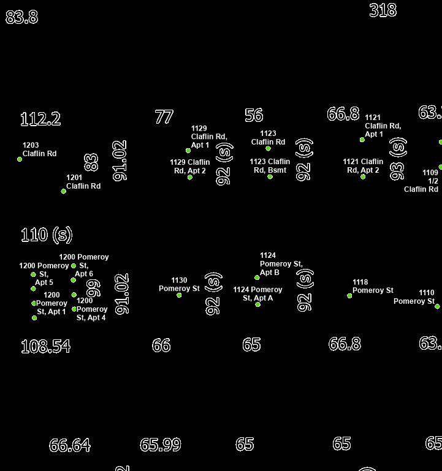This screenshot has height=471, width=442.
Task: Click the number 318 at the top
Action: tap(383, 10)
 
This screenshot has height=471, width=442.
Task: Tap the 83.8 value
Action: tap(21, 17)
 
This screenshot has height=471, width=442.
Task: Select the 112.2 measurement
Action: tap(40, 119)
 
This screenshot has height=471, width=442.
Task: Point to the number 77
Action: tap(164, 116)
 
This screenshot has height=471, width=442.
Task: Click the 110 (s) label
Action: tap(47, 234)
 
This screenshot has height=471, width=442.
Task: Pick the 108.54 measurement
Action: tap(45, 346)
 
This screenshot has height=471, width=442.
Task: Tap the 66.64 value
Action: tap(69, 445)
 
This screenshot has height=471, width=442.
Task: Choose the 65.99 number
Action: tap(161, 445)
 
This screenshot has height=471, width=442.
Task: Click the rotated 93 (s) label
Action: tap(397, 159)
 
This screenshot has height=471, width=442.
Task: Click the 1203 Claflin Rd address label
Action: tap(39, 149)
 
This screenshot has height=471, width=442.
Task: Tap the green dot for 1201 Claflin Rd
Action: tap(64, 191)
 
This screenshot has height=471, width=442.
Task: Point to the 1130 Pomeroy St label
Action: tap(179, 284)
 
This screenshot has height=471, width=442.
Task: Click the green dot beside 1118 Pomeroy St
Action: tap(349, 296)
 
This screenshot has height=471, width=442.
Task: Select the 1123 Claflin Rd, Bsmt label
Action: tap(270, 165)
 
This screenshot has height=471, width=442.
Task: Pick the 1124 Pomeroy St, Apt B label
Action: tap(281, 264)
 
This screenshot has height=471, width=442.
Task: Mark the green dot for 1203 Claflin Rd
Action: tap(20, 159)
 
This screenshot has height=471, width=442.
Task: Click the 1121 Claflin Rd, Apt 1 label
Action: tap(383, 126)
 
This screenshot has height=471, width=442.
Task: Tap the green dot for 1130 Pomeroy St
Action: tap(179, 295)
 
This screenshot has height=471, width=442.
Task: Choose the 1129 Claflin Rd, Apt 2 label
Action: tap(190, 166)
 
